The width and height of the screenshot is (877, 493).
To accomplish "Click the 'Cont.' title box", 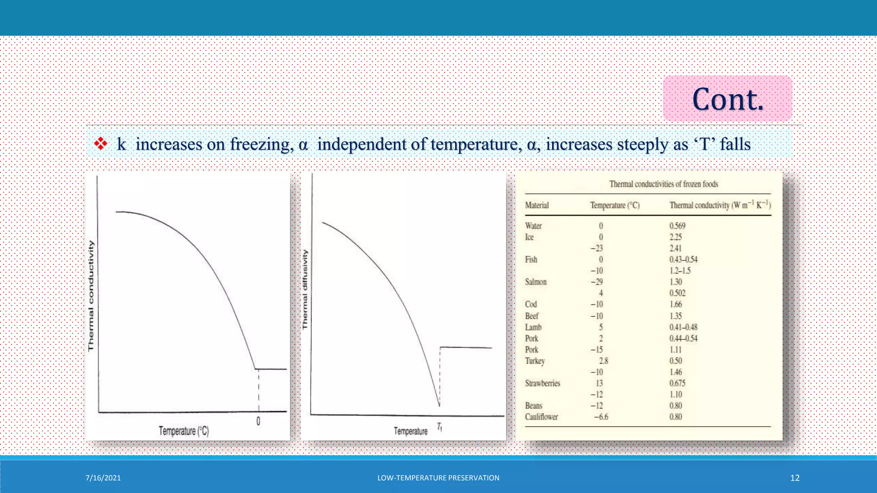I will pos(727,99).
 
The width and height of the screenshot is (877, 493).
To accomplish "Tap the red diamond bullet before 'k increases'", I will pos(101,144).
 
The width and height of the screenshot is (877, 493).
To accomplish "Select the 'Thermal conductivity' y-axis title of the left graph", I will pos(91,296).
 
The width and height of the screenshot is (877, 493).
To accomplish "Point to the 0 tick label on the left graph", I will pos(258,421).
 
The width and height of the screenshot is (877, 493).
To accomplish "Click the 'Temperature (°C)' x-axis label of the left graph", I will pos(184,431).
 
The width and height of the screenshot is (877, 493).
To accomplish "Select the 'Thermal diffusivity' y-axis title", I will pos(305,290).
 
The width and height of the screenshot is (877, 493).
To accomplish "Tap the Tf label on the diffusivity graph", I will pos(439,426).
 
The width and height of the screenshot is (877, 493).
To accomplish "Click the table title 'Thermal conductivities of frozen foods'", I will pos(663,184).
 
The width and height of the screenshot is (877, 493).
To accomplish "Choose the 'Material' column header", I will pos(537,205).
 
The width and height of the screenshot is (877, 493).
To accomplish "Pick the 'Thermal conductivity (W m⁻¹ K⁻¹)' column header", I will pos(720,205).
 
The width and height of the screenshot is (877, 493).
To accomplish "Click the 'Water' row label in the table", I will pos(533,226).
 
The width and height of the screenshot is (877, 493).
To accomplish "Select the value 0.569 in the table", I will pos(677,226).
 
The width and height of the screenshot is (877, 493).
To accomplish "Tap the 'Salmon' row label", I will pos(536,282).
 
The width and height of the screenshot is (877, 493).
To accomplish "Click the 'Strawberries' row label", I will pos(542,383).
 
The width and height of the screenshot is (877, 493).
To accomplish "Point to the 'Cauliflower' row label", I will pos(541,417).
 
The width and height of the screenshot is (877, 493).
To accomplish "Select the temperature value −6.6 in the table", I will pos(601,417).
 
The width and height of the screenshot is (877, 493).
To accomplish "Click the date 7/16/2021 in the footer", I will pos(103,478).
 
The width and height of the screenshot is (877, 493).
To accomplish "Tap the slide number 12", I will pos(795,478).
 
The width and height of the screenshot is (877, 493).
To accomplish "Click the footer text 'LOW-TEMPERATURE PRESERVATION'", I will pos(438,478).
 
